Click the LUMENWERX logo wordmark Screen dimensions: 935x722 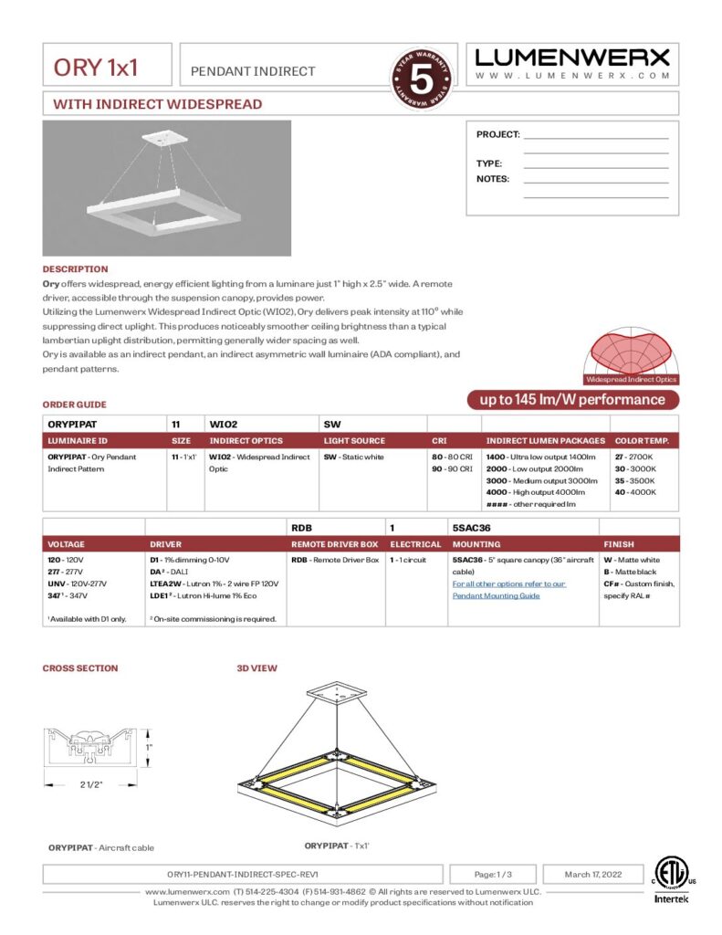[x=572, y=58]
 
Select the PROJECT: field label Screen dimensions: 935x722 [x=497, y=134]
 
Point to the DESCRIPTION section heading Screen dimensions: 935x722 [x=75, y=269]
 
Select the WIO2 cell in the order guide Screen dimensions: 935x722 [x=223, y=424]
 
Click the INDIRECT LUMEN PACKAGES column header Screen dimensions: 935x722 [x=545, y=441]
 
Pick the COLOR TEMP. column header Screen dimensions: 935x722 [x=642, y=441]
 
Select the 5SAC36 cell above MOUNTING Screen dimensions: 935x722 [x=470, y=527]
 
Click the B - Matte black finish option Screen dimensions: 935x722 [x=629, y=572]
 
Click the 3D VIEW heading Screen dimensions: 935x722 [x=256, y=668]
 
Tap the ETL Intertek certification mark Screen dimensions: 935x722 [x=673, y=880]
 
